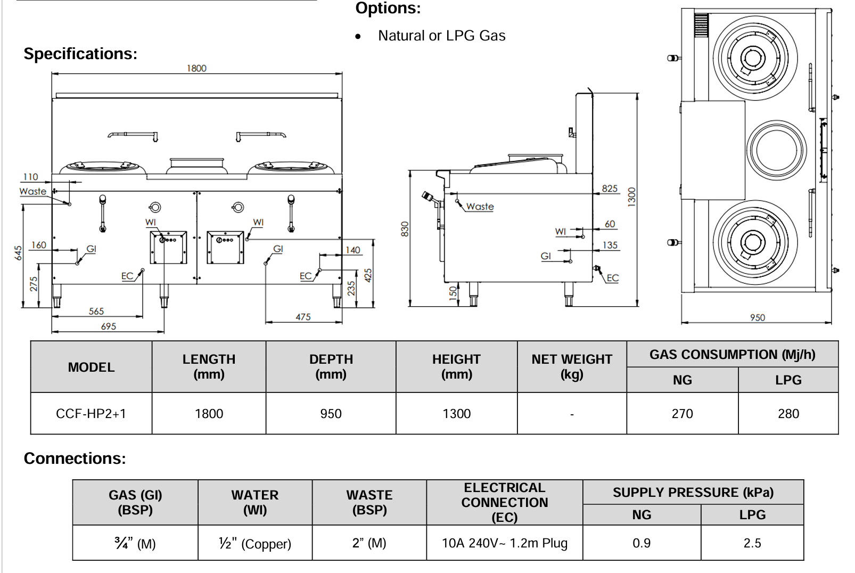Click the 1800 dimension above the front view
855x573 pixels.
click(196, 68)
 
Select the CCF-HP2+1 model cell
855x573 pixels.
click(91, 414)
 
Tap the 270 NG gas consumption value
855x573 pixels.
click(682, 414)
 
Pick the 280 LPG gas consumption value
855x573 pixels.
click(788, 414)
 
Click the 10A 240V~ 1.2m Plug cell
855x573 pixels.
click(504, 543)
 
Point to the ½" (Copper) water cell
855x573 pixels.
click(254, 544)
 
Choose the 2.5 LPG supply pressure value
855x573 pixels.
click(752, 543)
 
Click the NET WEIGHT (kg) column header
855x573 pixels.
click(572, 367)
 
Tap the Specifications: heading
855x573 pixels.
click(80, 54)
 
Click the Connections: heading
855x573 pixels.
click(75, 459)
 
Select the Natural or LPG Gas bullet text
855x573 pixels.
click(441, 36)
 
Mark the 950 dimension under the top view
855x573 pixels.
click(757, 317)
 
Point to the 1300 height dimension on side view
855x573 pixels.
click(632, 197)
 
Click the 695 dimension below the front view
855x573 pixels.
click(108, 326)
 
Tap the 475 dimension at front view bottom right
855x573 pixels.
click(303, 317)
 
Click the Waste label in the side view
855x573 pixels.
click(480, 207)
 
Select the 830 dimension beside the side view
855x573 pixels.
click(405, 229)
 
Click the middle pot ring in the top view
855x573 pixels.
click(776, 150)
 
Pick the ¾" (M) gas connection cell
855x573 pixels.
click(135, 544)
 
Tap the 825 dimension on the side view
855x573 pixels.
click(610, 189)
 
